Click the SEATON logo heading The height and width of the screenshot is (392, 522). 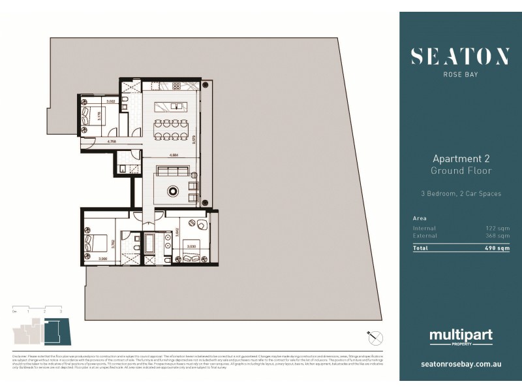pyautogui.click(x=460, y=57)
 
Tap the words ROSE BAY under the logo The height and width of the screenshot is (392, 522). pyautogui.click(x=460, y=74)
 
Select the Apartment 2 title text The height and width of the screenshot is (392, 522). pyautogui.click(x=461, y=159)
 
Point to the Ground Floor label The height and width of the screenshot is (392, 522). pyautogui.click(x=461, y=171)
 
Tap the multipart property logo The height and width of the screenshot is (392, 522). pyautogui.click(x=461, y=337)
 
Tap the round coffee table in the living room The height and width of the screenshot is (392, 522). pyautogui.click(x=174, y=191)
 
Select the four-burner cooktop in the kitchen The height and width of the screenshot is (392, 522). pyautogui.click(x=176, y=86)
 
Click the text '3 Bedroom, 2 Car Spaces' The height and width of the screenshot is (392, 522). pyautogui.click(x=461, y=194)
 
